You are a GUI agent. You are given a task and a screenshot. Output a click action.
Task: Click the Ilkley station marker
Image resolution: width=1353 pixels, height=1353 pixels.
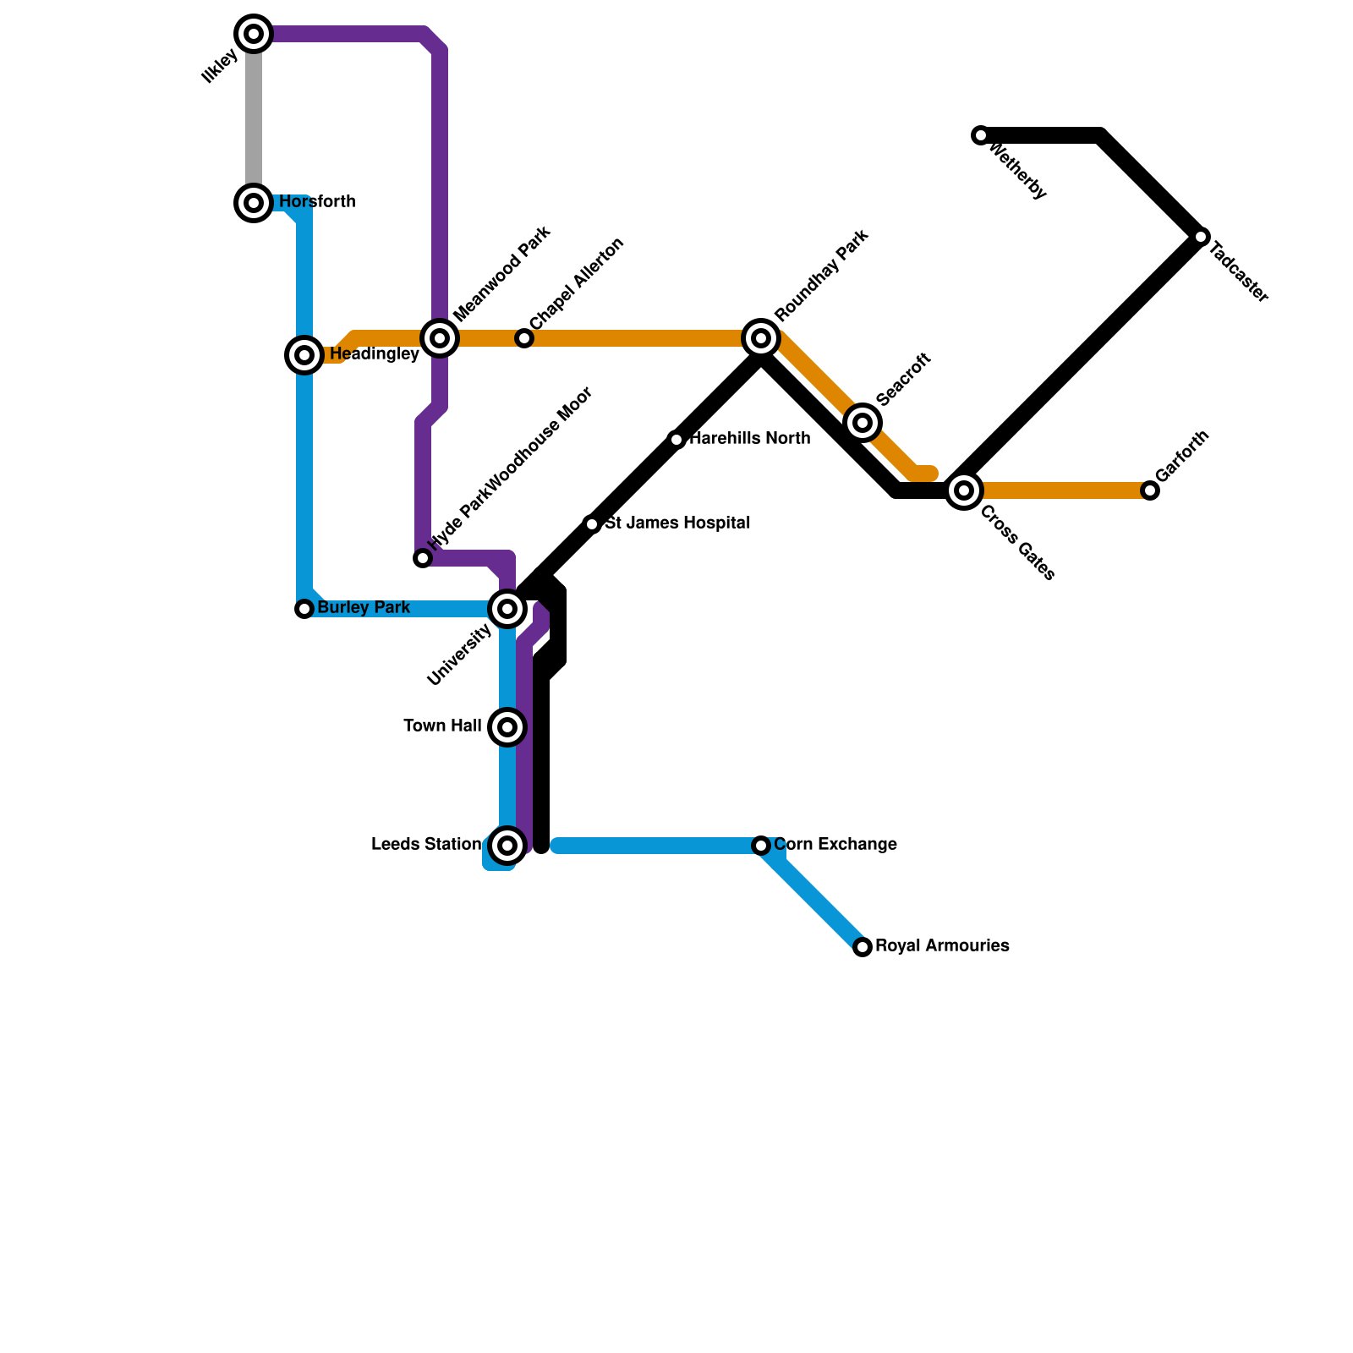(254, 34)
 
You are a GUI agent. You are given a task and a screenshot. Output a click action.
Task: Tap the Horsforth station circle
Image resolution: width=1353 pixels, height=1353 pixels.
(254, 203)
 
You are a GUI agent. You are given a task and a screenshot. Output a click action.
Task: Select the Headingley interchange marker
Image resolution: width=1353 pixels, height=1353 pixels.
(304, 355)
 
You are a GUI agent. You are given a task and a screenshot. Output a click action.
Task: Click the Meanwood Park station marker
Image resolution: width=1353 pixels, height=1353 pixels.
(440, 338)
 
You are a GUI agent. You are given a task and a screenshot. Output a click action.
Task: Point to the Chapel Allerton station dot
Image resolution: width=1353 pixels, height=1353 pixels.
(524, 338)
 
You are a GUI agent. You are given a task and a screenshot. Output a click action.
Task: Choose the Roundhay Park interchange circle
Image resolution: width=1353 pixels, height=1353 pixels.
(761, 338)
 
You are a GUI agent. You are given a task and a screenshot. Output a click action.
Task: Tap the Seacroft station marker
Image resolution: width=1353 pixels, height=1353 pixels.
(863, 422)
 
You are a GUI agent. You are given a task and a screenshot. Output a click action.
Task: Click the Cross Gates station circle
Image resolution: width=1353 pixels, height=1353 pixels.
(964, 490)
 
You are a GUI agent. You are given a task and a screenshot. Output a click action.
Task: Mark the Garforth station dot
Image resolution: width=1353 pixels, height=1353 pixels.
(1150, 490)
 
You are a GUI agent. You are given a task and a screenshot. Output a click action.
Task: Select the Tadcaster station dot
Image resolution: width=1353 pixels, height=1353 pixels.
(1201, 237)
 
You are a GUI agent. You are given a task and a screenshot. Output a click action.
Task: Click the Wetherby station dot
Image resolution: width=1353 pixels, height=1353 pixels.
(981, 135)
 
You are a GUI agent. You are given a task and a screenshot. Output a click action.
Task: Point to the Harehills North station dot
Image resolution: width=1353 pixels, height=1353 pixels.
(676, 440)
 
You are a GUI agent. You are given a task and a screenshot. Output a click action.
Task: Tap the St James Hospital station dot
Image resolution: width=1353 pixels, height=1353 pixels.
(592, 524)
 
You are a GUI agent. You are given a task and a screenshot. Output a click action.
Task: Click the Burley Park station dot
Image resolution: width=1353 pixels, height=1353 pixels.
(304, 609)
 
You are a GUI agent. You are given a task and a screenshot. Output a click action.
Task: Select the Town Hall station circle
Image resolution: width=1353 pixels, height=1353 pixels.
(507, 727)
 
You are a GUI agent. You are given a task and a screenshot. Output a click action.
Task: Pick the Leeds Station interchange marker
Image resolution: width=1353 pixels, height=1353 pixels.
(507, 846)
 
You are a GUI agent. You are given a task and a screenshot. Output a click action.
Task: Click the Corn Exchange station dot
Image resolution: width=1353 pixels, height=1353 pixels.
(761, 846)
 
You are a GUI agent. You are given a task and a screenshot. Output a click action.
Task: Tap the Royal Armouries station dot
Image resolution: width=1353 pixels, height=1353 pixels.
(863, 947)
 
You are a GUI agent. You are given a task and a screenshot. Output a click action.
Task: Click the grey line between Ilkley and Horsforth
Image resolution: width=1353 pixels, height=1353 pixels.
(254, 118)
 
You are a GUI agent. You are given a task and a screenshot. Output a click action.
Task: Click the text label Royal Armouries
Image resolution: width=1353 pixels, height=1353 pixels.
(942, 945)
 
